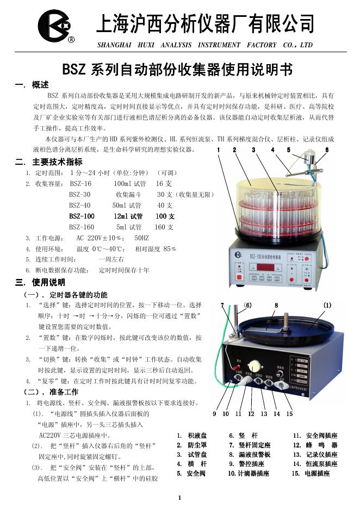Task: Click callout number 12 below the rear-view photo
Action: (x=251, y=414)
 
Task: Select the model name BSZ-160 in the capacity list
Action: (x=82, y=227)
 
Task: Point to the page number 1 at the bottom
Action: (x=179, y=498)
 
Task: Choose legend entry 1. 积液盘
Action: (x=191, y=436)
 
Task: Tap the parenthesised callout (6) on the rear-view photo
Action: (x=248, y=305)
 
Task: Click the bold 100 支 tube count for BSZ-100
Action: (x=165, y=216)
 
